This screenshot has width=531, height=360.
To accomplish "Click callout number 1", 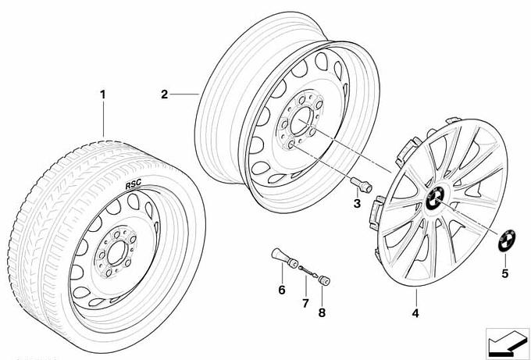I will point(102,95).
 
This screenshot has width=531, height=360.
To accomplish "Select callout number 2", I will point(165,95).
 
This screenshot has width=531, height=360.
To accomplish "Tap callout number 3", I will point(357,205).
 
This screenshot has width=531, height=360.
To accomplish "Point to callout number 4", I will point(415,314).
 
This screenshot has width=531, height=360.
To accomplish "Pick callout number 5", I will point(504,273).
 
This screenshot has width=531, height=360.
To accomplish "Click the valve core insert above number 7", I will point(308,270).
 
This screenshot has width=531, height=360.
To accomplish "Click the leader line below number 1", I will point(102,121).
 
